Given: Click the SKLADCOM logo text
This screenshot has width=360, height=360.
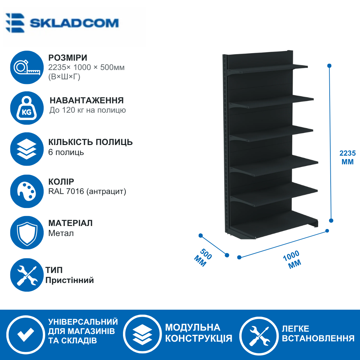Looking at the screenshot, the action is point(74,23).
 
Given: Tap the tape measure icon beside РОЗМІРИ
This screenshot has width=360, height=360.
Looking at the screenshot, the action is point(27,67).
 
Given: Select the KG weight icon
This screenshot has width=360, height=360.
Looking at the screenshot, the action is point(27,108).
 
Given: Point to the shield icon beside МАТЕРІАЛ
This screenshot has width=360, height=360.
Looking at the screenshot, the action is point(27,233).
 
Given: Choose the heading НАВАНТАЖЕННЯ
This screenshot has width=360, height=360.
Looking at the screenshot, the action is point(87,100).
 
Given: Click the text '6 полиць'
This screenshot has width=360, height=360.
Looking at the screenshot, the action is point(66,152).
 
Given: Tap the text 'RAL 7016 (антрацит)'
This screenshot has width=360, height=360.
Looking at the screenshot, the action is point(87,191).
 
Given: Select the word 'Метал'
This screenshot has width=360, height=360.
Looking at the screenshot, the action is point(61,233).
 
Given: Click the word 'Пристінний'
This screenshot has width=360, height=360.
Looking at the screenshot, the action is point(70,280).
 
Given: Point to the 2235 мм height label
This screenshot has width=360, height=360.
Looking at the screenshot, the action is point(348,157).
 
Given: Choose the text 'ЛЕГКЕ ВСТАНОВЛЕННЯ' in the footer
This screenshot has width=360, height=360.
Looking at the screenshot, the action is point(318,333).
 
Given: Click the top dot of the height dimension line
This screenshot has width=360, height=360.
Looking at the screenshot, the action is point(329,66).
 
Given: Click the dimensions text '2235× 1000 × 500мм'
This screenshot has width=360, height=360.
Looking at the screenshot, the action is point(86,67).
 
